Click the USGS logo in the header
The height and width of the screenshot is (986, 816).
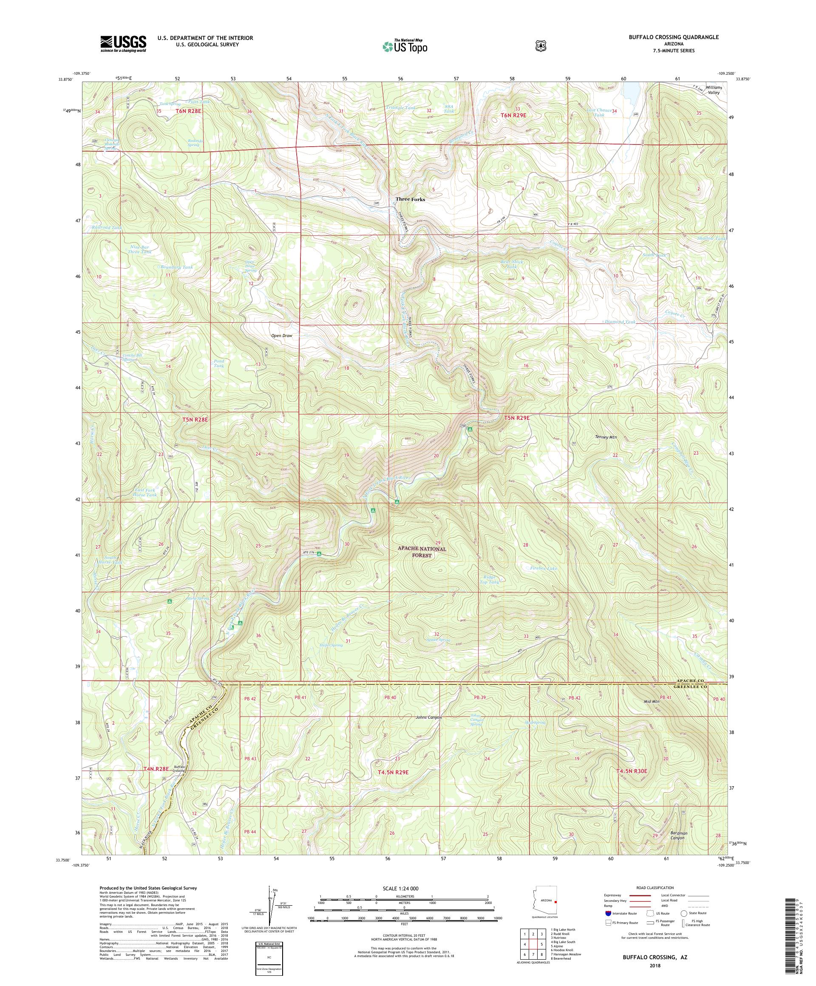(123, 44)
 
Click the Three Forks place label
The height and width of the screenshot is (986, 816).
(410, 199)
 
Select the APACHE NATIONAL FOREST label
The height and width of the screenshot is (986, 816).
(423, 552)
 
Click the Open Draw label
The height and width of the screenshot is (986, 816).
(282, 336)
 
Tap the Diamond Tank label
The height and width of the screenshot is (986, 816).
(619, 322)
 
